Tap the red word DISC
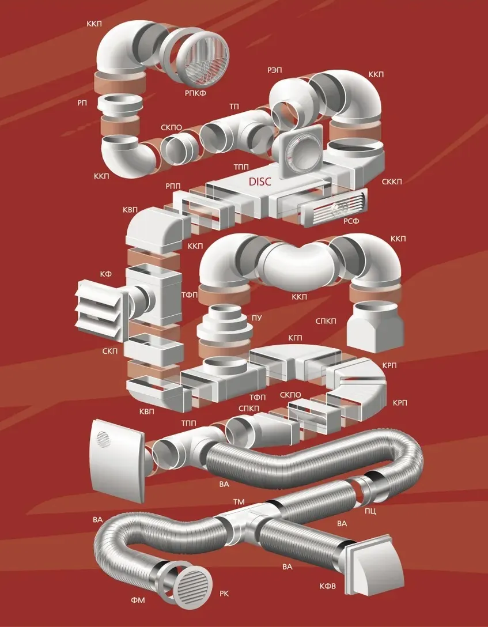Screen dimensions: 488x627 260,181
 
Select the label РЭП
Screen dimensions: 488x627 275,70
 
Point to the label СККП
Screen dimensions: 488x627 391,182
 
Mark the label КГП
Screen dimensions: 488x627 295,338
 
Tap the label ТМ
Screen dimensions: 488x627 239,501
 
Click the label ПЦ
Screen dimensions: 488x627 370,511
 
